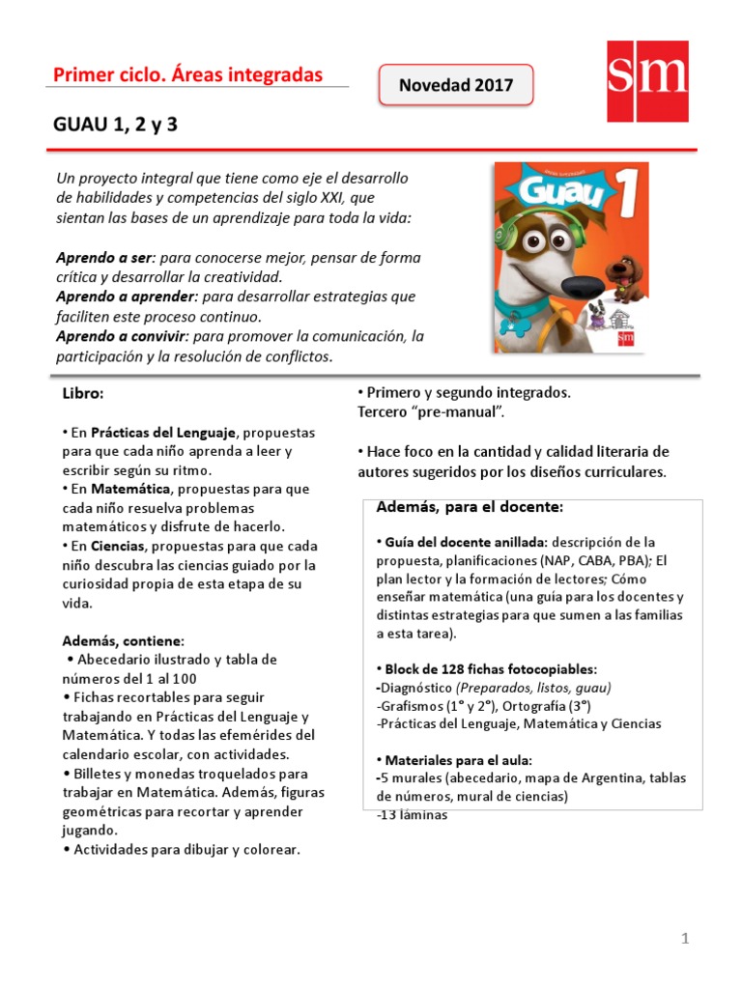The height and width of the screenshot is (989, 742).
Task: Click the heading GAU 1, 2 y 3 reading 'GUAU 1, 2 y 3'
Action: coord(117,126)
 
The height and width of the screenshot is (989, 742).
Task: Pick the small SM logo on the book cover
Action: coord(627,338)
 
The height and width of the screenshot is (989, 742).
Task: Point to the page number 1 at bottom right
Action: coord(683,938)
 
